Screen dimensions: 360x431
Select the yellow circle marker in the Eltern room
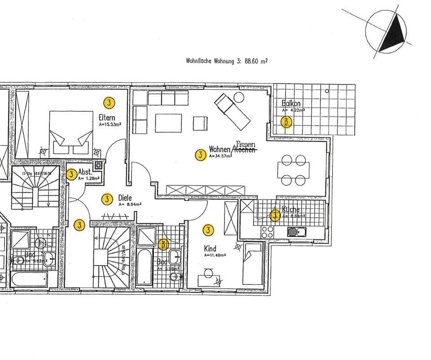click(109, 102)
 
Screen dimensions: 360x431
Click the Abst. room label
click(85, 172)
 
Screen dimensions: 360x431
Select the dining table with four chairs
click(294, 170)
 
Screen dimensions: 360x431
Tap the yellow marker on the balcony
click(286, 122)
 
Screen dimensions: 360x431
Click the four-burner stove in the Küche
click(268, 232)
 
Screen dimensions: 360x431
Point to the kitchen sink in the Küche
click(297, 232)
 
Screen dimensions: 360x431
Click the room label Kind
click(210, 249)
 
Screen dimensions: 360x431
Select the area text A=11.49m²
click(215, 255)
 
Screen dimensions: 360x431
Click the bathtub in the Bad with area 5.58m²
click(144, 268)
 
